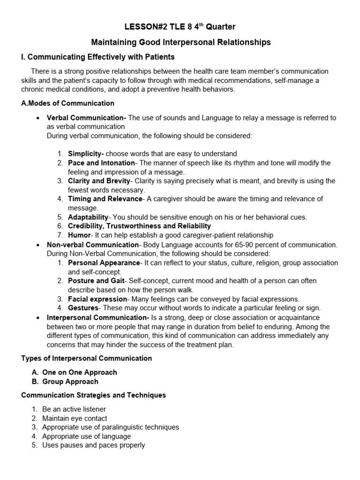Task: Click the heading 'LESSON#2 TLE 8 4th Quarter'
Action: tap(180, 27)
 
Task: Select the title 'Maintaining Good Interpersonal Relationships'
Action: tap(180, 43)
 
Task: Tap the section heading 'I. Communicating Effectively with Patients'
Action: tap(98, 57)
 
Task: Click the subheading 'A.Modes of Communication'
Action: tap(67, 103)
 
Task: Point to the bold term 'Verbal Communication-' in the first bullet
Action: tap(86, 118)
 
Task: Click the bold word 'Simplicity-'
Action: tap(86, 154)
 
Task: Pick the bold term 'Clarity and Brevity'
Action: tap(98, 181)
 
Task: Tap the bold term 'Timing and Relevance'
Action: tap(105, 199)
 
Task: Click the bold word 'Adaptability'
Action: tap(88, 217)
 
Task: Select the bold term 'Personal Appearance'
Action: tap(104, 263)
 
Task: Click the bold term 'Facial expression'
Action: tap(97, 299)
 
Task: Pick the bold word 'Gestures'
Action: tap(83, 308)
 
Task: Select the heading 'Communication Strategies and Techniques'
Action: tap(93, 395)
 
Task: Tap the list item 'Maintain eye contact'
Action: tap(75, 418)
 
